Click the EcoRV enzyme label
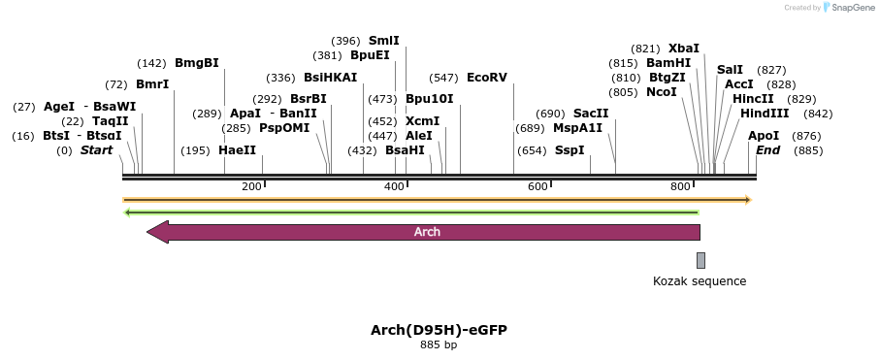point(487,78)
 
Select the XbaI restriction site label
point(684,49)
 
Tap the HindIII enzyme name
point(765,114)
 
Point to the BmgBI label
point(197,63)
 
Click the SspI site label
point(570,150)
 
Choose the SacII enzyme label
point(591,114)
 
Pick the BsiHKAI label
point(331,78)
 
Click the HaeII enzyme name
point(238,150)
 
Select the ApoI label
point(764,136)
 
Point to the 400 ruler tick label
point(394,186)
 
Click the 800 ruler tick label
point(681,186)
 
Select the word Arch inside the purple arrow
point(427,232)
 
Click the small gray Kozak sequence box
point(700,260)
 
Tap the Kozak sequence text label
point(700,281)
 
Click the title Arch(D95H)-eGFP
point(439,330)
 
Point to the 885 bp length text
point(439,345)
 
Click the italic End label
point(767,150)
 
